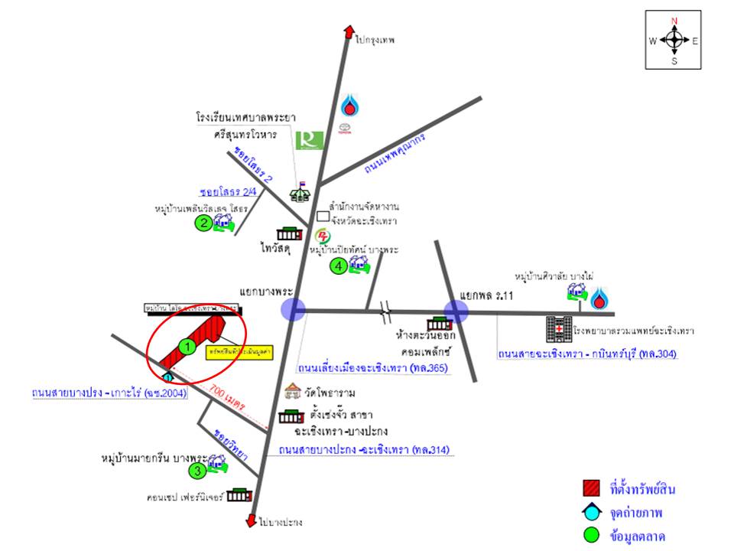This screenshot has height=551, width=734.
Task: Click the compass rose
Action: click(674, 41)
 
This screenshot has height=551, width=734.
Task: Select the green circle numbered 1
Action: click(186, 346)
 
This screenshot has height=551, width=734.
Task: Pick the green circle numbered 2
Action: click(203, 223)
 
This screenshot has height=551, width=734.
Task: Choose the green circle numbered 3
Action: click(197, 471)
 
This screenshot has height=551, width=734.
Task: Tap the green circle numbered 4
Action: click(337, 266)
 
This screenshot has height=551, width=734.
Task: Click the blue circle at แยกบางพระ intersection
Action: click(293, 309)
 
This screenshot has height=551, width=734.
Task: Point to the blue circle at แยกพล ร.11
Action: click(456, 311)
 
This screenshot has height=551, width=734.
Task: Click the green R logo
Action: click(310, 140)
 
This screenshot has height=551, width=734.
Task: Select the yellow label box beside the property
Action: click(229, 353)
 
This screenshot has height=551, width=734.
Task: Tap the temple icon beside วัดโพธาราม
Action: click(291, 392)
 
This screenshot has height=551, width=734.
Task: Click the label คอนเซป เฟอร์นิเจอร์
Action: click(186, 496)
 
